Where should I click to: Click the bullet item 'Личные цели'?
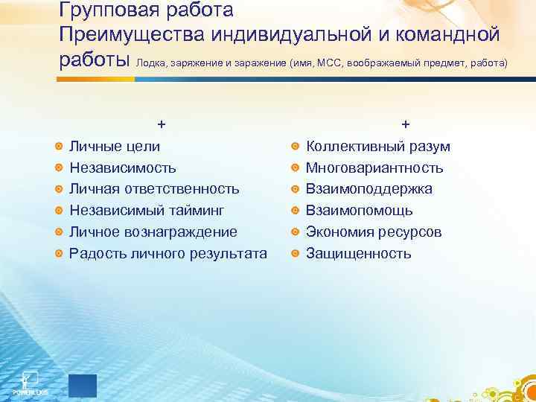point(114,147)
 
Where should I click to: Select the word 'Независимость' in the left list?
point(123,168)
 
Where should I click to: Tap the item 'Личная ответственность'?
point(154,189)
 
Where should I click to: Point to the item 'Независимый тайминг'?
point(147,211)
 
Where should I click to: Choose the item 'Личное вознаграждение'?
point(153,232)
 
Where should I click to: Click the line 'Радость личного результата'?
point(167,254)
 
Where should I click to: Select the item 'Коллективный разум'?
point(378,147)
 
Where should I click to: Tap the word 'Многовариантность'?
point(374,168)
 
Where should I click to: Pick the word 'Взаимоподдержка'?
point(369,189)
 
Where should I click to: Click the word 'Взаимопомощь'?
point(360,211)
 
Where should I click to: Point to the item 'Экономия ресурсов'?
point(374,232)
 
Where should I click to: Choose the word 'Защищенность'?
point(359,254)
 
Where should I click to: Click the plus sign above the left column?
point(161,124)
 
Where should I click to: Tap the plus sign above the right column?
point(405,124)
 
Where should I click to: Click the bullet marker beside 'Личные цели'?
point(59,147)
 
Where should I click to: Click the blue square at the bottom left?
point(82,386)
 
